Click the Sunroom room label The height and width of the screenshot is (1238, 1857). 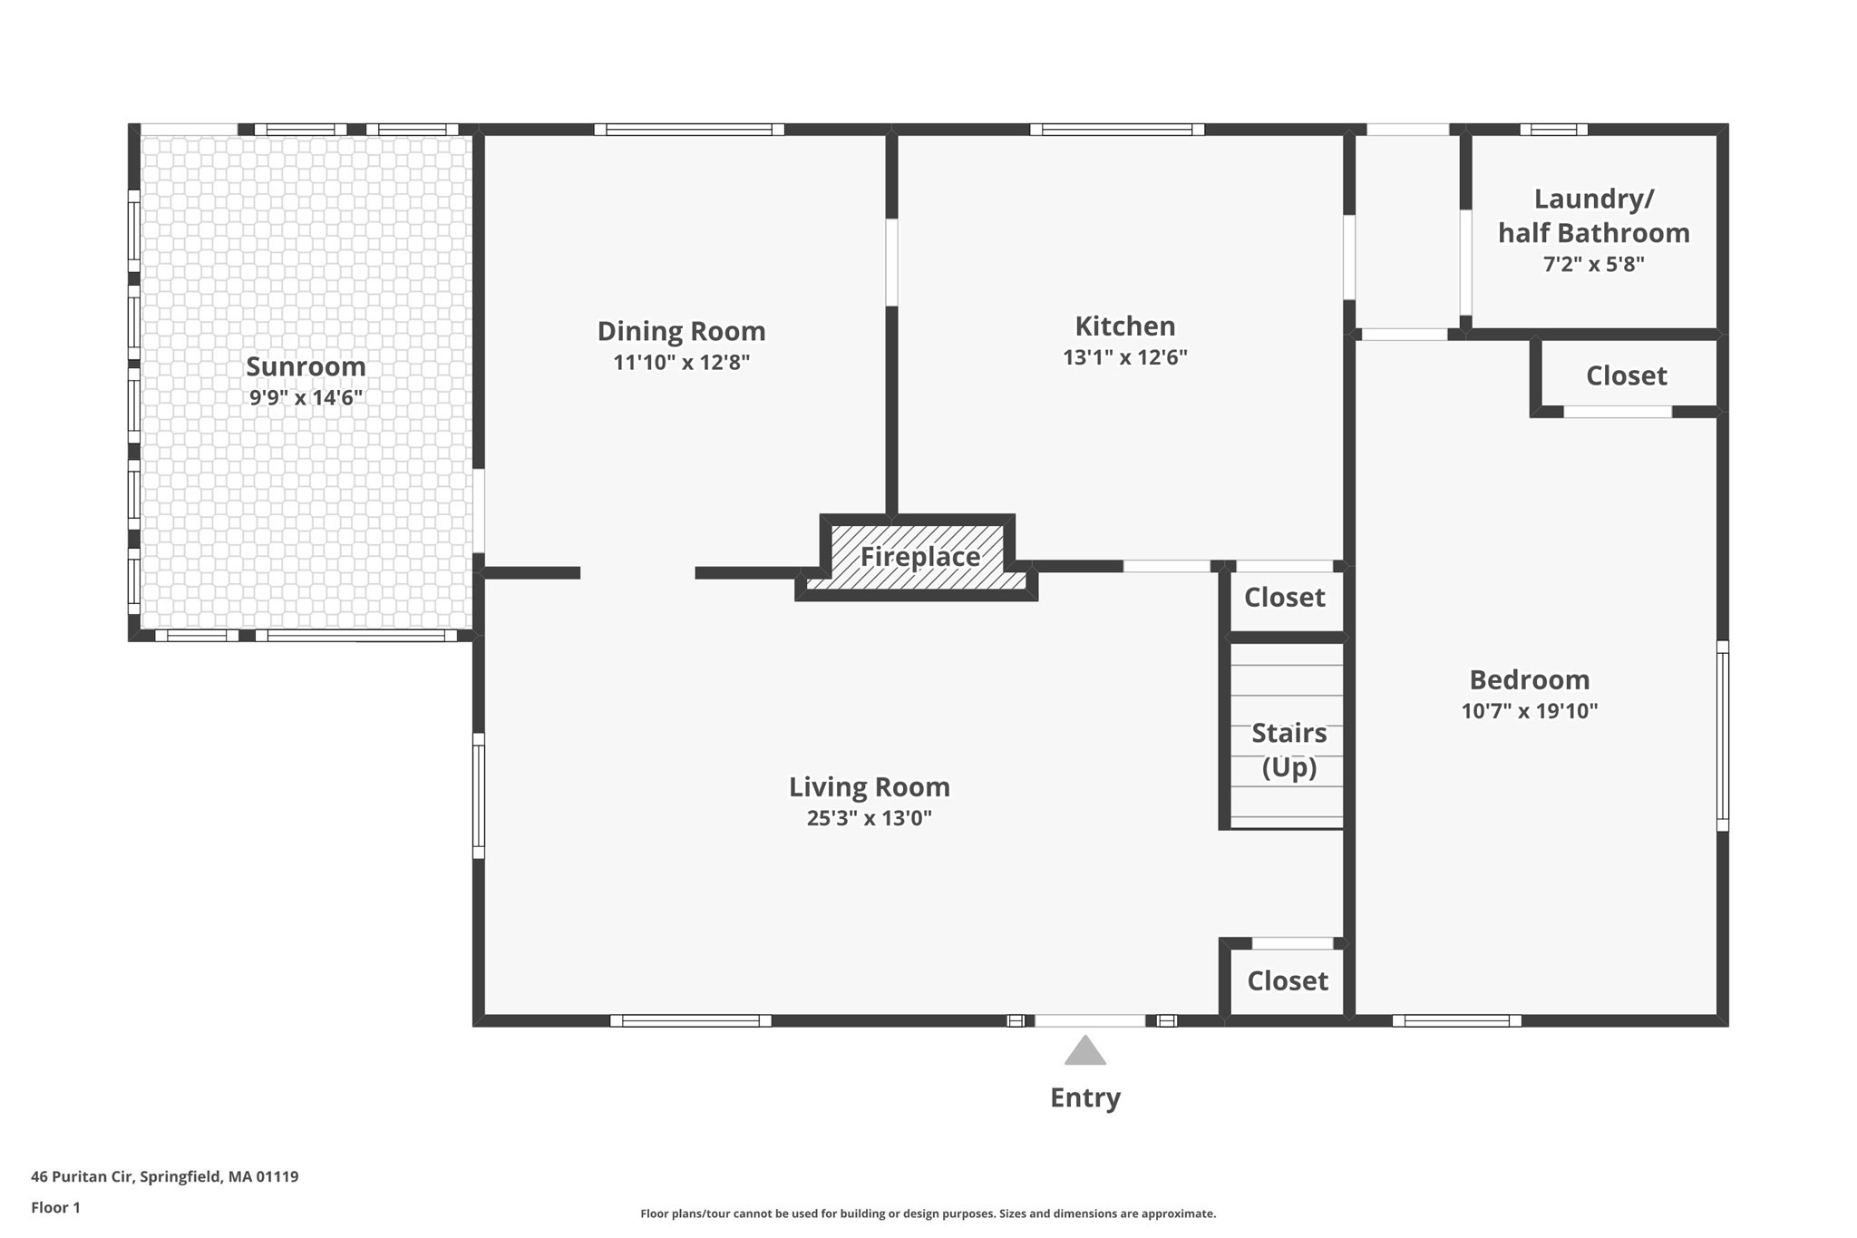[x=306, y=366]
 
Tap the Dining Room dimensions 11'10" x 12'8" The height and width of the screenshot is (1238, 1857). [x=681, y=363]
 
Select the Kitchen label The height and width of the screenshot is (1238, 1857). [x=1124, y=326]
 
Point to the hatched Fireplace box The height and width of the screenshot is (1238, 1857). [x=919, y=556]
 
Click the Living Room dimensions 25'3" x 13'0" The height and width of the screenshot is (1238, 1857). [x=869, y=818]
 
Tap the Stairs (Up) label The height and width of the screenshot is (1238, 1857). [x=1288, y=749]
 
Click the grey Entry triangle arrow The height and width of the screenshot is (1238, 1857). [x=1084, y=1051]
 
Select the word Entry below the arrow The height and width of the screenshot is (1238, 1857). [x=1084, y=1097]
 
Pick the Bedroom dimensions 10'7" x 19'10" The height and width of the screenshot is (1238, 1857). [x=1529, y=711]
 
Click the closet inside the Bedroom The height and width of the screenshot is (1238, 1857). [x=1626, y=375]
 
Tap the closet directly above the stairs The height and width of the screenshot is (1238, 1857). [x=1284, y=597]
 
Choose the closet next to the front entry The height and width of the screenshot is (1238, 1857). [x=1287, y=980]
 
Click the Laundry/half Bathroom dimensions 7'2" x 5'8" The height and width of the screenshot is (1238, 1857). [x=1593, y=265]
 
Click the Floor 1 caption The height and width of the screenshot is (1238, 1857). [x=55, y=1207]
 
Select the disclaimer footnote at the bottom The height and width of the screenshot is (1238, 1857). [x=928, y=1214]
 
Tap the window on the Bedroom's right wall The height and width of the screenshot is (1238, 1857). [x=1722, y=736]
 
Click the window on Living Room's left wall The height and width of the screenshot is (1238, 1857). [x=479, y=795]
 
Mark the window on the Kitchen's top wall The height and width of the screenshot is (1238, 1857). [x=1116, y=130]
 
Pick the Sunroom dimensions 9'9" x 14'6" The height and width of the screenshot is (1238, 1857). [x=306, y=397]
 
